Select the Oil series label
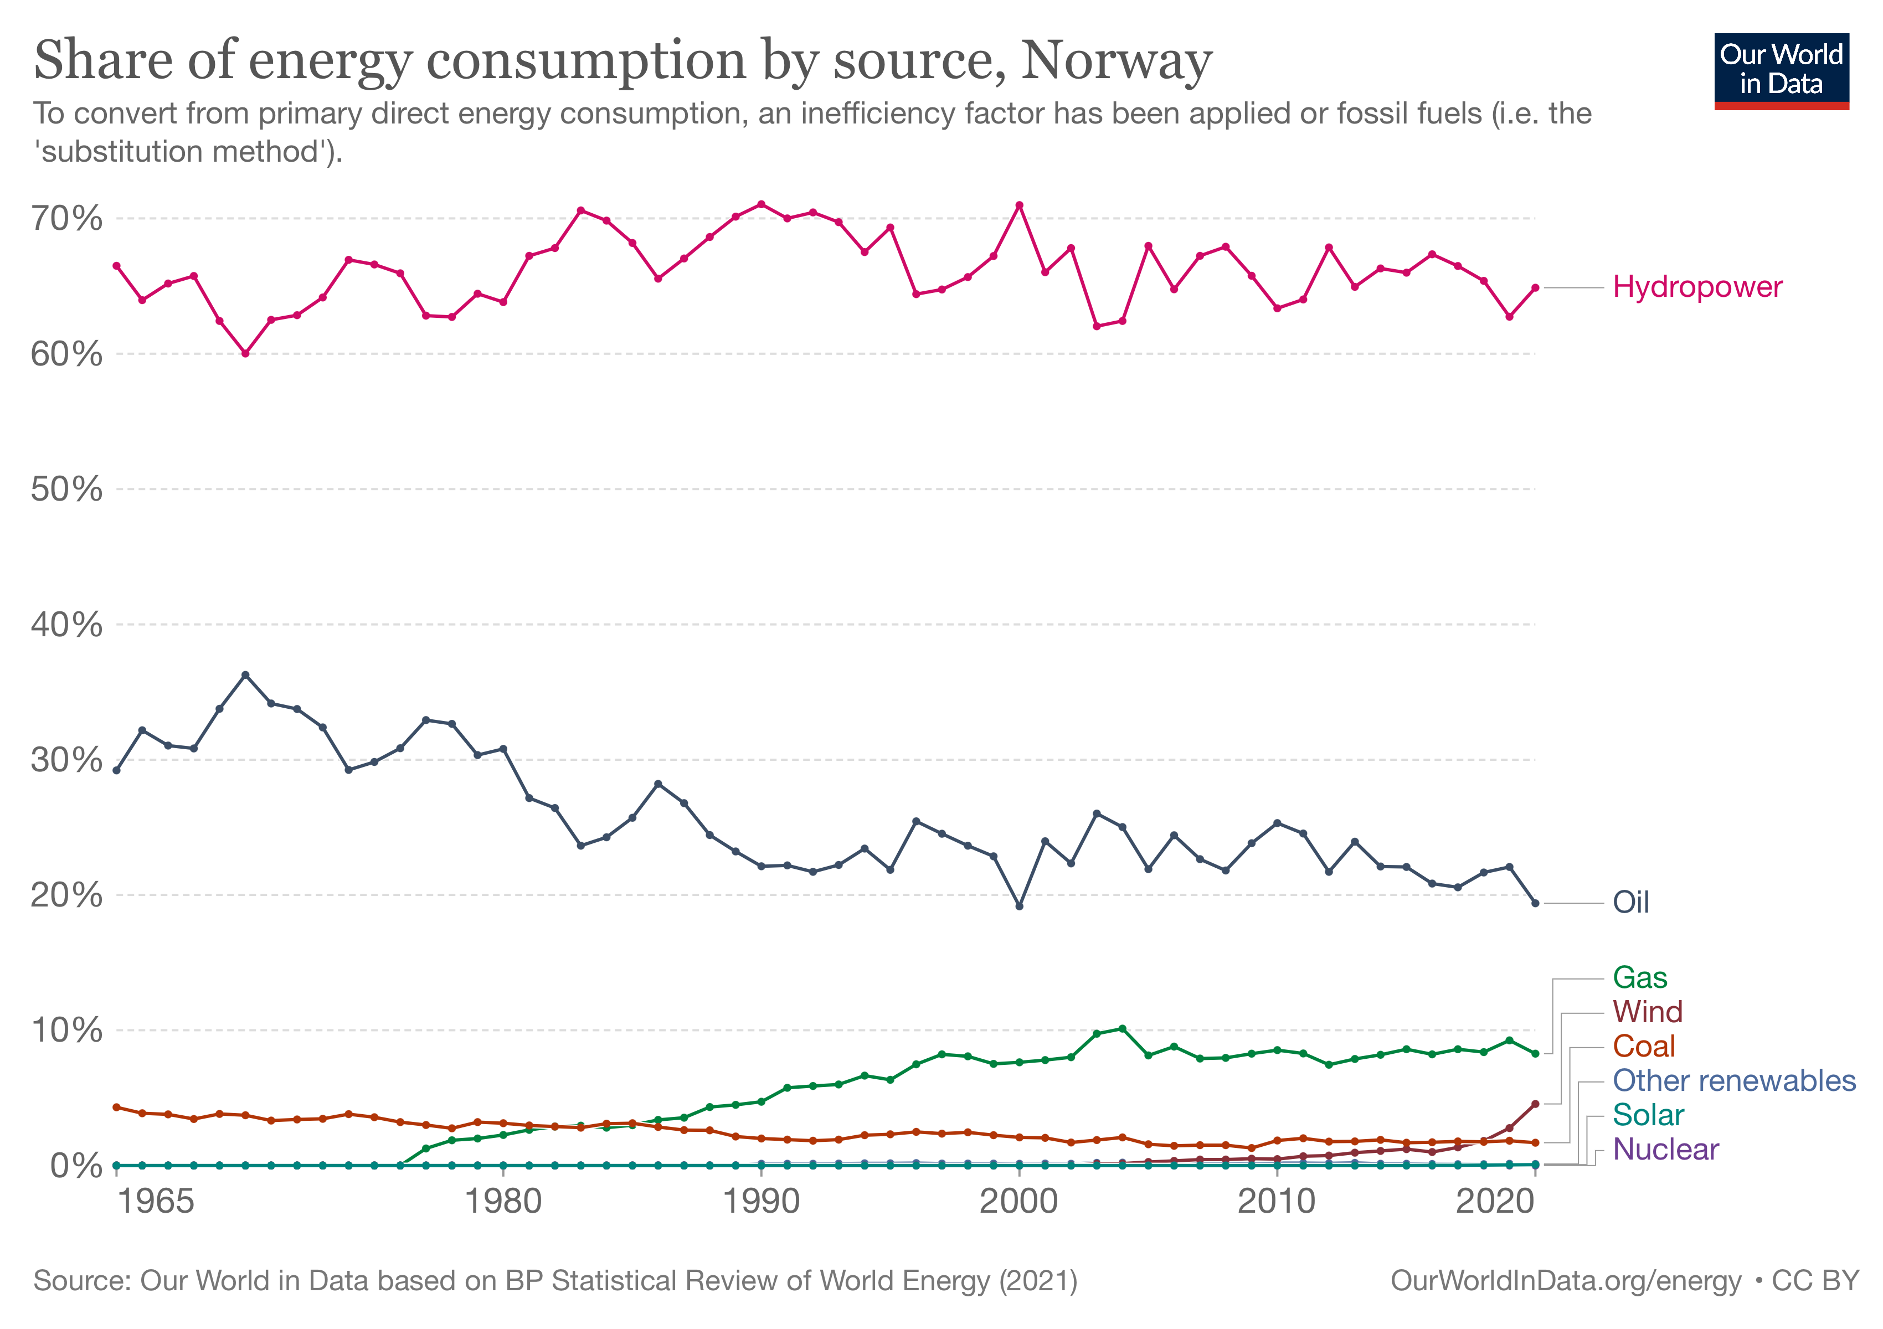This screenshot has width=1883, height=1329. click(1630, 902)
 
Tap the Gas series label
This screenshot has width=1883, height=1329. click(1639, 977)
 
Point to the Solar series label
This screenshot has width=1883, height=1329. click(1648, 1115)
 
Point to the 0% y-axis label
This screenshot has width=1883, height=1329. click(75, 1165)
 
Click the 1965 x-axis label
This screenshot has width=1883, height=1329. click(156, 1202)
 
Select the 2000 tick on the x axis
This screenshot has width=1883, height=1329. click(1018, 1202)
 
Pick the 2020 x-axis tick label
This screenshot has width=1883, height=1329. click(1494, 1202)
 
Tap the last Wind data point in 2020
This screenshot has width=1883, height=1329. click(1535, 1104)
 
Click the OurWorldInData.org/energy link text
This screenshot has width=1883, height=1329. click(1565, 1281)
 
